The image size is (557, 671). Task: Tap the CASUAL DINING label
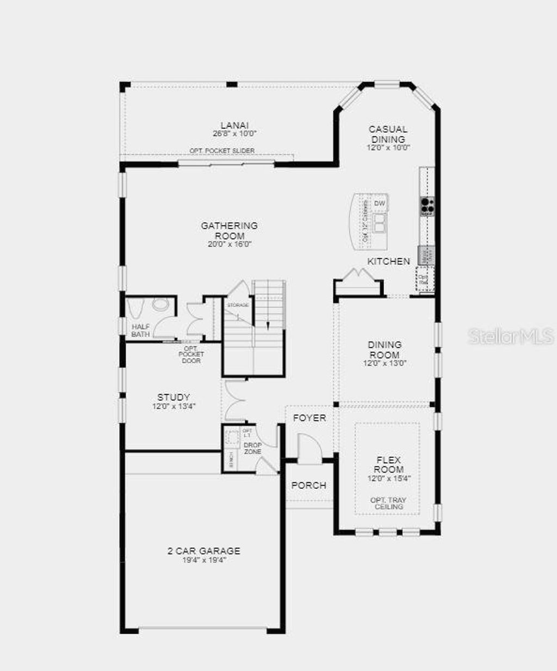coord(388,134)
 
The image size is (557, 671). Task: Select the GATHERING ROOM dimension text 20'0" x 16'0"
coord(229,244)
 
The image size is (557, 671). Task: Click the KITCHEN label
coord(388,262)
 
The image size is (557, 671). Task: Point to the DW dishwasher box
coord(380,203)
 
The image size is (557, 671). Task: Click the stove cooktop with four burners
coord(427,205)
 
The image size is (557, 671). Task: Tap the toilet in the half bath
coord(160,305)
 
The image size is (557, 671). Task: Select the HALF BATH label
coord(140,330)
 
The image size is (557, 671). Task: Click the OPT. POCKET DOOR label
coord(190,355)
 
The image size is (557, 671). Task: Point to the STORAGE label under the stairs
coord(238,305)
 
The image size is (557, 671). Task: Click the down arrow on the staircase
coord(268,324)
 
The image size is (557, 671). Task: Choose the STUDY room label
coord(174,397)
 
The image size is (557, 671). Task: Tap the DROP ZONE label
coord(252,449)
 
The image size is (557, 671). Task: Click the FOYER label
coord(310,418)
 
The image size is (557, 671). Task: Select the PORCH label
coord(309,485)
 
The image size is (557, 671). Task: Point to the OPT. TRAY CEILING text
coord(388,504)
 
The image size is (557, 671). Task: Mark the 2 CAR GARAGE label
coord(203,551)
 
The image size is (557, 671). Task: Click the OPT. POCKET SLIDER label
coord(222,151)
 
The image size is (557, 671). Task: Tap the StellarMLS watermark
coord(511,336)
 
